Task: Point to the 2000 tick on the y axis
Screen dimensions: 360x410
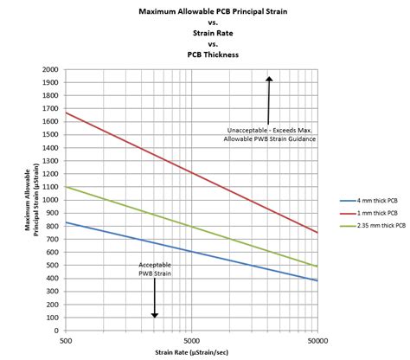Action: point(51,69)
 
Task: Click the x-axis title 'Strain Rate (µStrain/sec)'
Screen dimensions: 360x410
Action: point(191,352)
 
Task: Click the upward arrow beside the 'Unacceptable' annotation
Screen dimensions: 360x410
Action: point(269,100)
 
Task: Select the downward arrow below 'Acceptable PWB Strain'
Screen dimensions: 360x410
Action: point(154,303)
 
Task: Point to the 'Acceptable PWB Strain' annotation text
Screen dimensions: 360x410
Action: point(154,270)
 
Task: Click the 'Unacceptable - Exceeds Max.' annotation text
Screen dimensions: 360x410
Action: point(268,131)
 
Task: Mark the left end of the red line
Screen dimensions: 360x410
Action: point(67,113)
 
